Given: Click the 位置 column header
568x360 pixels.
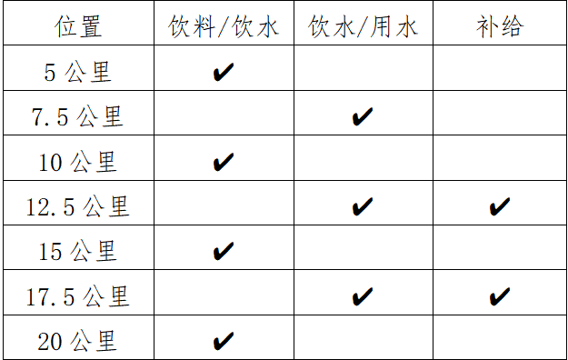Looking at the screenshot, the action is point(78,26).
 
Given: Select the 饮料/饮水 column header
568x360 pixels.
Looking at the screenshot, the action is point(224,26).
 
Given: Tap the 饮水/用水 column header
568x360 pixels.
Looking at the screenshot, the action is point(363,26).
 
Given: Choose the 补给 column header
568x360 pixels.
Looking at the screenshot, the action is point(499,26).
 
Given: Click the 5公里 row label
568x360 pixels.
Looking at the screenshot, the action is point(78,72).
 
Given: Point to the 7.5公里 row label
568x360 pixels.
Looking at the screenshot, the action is point(78,116).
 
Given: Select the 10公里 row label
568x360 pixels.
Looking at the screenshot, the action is point(78,162).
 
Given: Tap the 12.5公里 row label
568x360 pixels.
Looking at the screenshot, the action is point(78,206).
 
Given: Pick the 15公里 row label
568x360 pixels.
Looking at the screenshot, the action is point(78,251).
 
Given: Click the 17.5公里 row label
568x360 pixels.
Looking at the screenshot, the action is point(78,296).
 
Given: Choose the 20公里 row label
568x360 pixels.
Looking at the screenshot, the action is point(78,341).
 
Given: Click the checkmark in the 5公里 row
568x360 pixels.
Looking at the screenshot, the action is point(223,72).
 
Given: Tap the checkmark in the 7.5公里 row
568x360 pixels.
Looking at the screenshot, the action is point(362,116).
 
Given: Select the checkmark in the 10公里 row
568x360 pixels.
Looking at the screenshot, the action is point(223,162).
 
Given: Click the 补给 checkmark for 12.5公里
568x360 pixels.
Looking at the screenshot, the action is point(499,207).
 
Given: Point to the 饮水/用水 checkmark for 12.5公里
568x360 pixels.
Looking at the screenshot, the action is point(362,207).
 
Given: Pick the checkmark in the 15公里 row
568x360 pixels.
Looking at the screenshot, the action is point(223,251).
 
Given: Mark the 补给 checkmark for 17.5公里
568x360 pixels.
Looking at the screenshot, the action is point(499,296).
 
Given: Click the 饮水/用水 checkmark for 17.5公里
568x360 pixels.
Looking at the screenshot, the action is point(362,296).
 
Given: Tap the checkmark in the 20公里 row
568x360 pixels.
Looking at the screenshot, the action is point(223,341).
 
